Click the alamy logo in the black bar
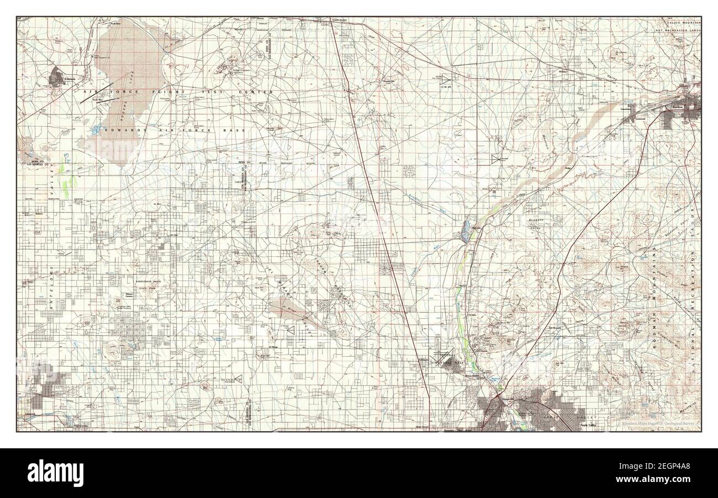59,473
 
